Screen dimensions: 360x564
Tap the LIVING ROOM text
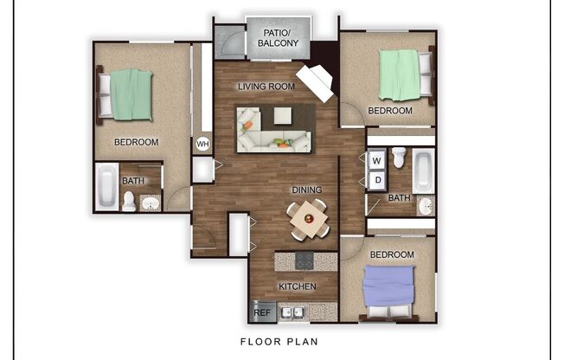pos(267,87)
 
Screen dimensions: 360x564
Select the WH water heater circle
pos(202,144)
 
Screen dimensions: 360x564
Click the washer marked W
pos(377,160)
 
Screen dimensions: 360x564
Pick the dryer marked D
pos(377,180)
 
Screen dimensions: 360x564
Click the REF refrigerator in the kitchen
pos(261,312)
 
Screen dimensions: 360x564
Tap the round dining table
pos(308,217)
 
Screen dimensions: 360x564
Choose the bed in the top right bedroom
pos(403,74)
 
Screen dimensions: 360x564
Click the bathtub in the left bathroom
pos(106,186)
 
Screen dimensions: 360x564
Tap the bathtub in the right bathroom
pos(423,171)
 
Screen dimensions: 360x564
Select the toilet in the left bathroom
pos(129,202)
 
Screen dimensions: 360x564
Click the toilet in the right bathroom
pos(399,157)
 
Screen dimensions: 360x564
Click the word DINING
pos(306,190)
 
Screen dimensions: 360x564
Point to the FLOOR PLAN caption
pos(279,341)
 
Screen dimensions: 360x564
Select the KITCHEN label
pos(297,286)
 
